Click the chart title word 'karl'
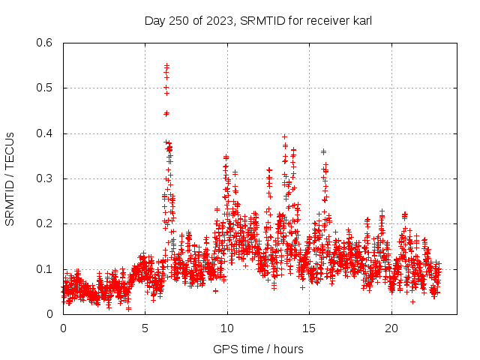coord(360,21)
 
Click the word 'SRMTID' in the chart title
coord(263,21)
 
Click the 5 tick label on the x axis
coord(145,328)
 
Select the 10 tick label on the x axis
coord(227,328)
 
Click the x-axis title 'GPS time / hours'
coord(258,349)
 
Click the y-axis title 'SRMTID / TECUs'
coord(10,178)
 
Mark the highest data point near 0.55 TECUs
coord(166,65)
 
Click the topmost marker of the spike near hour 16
coord(324,151)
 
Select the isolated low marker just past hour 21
coord(412,301)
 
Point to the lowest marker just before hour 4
coord(128,308)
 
